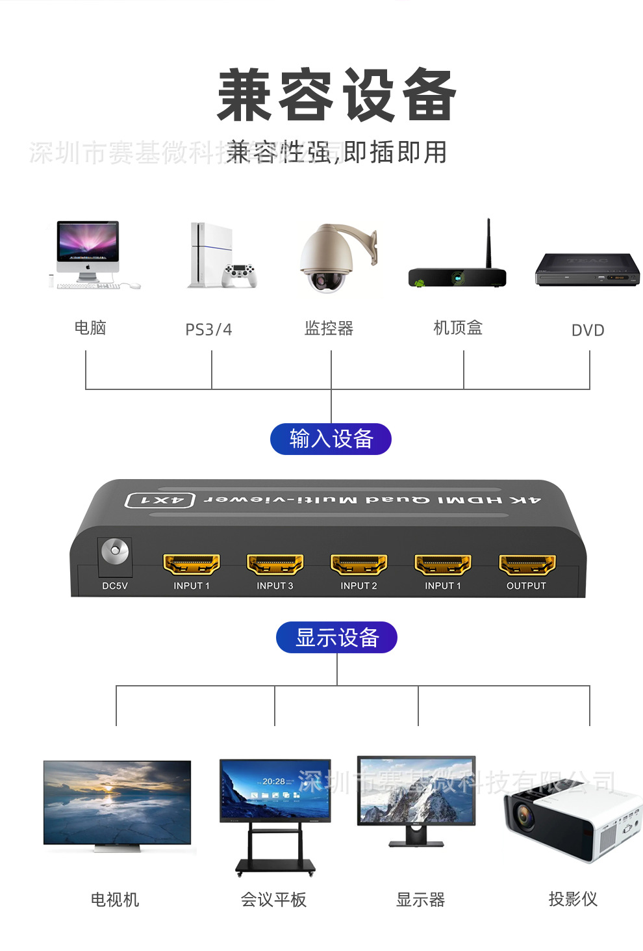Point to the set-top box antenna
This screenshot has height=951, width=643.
click(x=488, y=242)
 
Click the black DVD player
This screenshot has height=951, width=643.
click(x=587, y=270)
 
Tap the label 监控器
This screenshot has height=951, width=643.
click(x=329, y=328)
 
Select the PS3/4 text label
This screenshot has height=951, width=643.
click(x=208, y=330)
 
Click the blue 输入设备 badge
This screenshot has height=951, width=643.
click(x=331, y=439)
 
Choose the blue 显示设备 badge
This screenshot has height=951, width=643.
click(x=336, y=637)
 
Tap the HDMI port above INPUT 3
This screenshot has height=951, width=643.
click(x=275, y=564)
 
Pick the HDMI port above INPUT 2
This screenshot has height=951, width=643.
click(x=359, y=564)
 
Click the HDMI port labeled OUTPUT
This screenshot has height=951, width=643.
click(x=527, y=564)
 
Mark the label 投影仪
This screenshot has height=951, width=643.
click(x=573, y=899)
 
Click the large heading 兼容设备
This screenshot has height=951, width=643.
click(x=336, y=96)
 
